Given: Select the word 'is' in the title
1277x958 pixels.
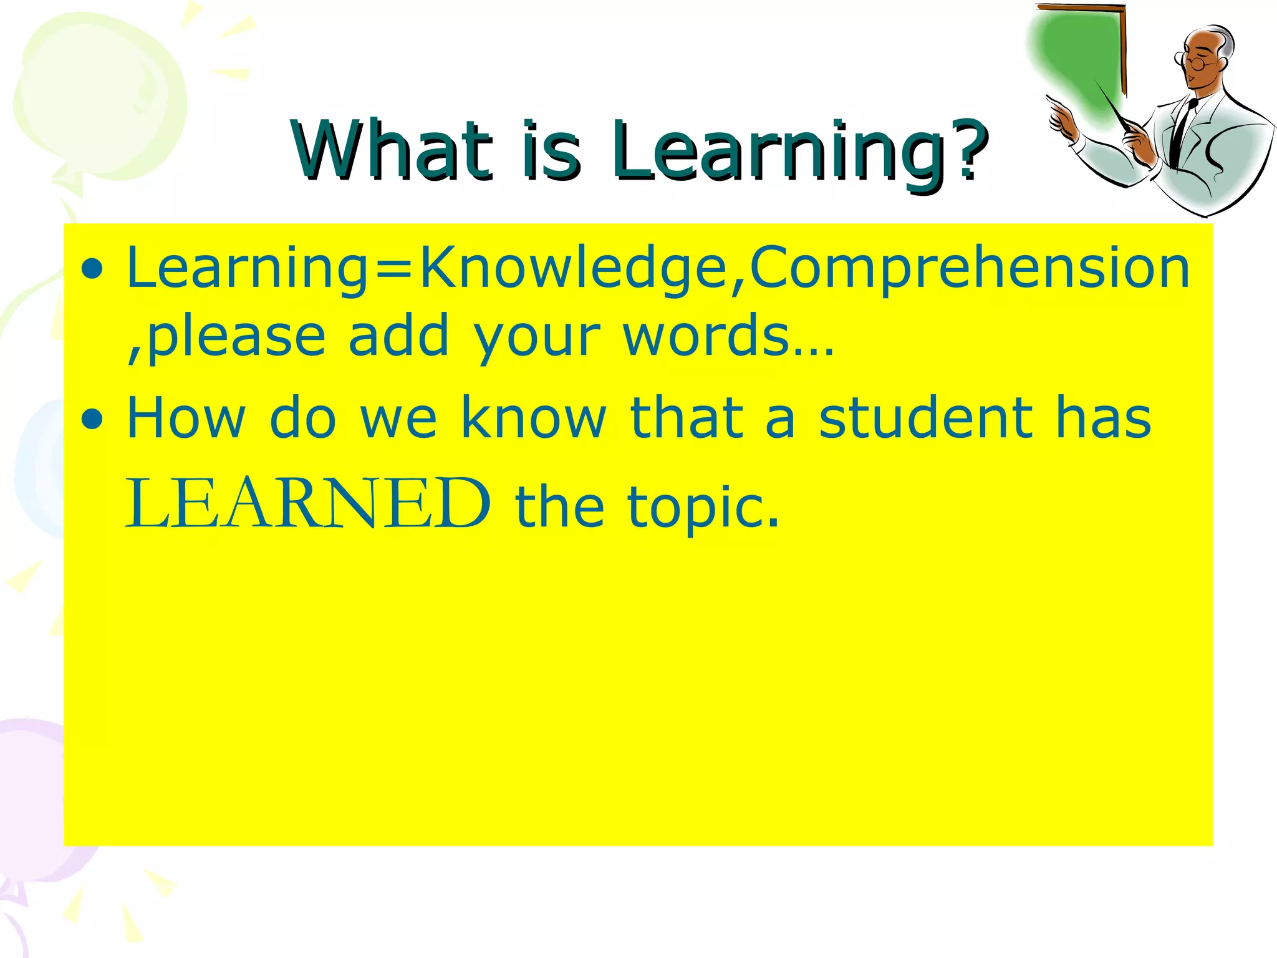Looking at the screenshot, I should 552,151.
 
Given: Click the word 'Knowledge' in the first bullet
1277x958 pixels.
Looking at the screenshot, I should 574,268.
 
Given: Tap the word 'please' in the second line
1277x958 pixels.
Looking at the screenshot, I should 237,337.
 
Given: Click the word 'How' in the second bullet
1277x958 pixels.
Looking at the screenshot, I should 186,418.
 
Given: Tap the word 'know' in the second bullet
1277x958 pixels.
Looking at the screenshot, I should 534,418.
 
